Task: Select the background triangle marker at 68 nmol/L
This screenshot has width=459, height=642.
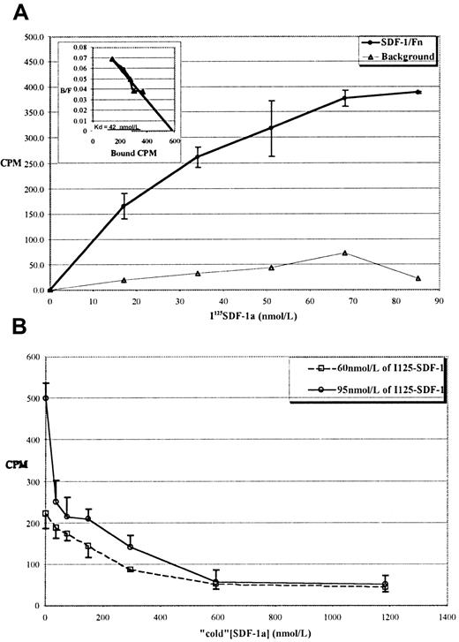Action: [345, 253]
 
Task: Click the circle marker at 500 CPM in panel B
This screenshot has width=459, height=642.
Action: [46, 397]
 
